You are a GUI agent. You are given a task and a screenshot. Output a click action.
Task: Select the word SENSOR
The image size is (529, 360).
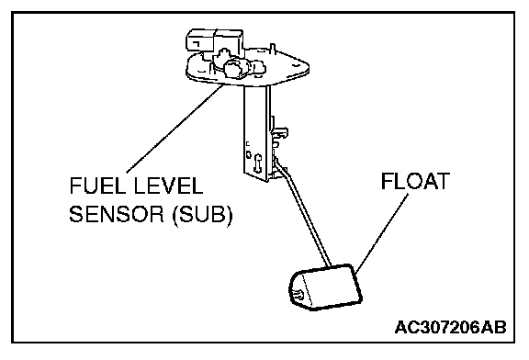pyautogui.click(x=117, y=214)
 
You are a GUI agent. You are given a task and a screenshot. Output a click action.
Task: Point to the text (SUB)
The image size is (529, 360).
pyautogui.click(x=202, y=214)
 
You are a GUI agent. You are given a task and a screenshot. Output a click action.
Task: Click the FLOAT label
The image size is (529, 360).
pyautogui.click(x=415, y=181)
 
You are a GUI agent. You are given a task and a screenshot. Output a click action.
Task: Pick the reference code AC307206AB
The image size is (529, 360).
pyautogui.click(x=450, y=327)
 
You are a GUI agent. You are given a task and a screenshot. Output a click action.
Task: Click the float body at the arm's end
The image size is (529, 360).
pyautogui.click(x=325, y=287)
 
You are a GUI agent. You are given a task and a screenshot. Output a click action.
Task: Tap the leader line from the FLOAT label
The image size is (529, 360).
pyautogui.click(x=381, y=234)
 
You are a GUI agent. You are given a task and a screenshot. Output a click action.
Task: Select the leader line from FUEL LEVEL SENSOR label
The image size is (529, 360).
pyautogui.click(x=174, y=129)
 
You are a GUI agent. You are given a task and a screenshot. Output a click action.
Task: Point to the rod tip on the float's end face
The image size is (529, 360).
pyautogui.click(x=298, y=295)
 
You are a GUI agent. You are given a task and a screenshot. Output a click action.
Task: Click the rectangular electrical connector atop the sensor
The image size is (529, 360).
pyautogui.click(x=214, y=40)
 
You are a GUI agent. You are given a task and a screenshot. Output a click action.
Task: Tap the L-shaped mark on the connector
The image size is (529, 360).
pyautogui.click(x=195, y=42)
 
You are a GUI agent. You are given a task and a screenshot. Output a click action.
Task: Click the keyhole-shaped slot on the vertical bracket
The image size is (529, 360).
pyautogui.click(x=259, y=162)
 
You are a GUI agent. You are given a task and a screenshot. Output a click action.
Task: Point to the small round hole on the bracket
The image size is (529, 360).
pyautogui.click(x=248, y=154)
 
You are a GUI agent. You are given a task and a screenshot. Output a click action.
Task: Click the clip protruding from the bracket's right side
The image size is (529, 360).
pyautogui.click(x=279, y=132)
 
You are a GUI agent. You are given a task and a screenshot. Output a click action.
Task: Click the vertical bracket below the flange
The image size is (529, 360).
pyautogui.click(x=257, y=132)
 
